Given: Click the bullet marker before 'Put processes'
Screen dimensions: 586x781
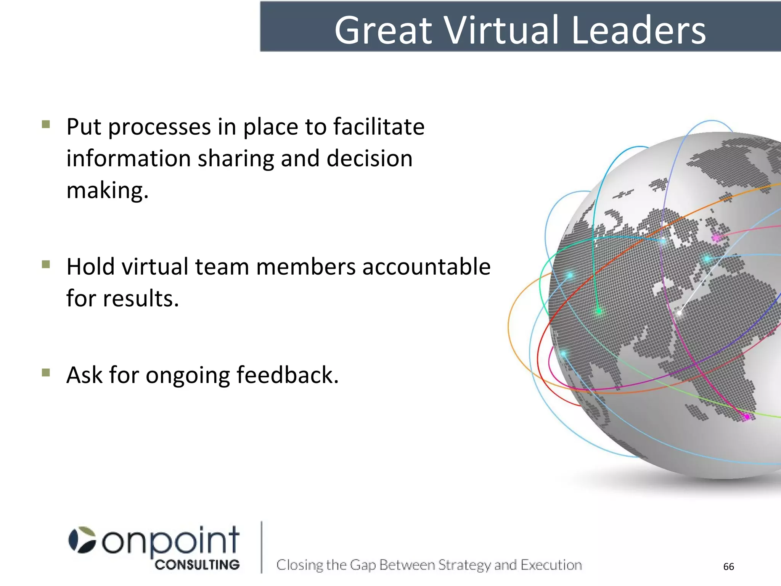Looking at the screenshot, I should tap(46, 124).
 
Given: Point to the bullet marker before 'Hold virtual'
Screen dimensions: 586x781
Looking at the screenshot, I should tap(46, 264).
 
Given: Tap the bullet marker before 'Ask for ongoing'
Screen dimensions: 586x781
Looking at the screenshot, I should tap(46, 372).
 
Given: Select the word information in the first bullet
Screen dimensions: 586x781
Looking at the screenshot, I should tap(129, 158).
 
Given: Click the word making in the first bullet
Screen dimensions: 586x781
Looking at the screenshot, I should tap(107, 191).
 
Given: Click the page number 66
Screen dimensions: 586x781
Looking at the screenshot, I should tap(728, 567).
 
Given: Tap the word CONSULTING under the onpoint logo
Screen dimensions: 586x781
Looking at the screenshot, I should tap(197, 565).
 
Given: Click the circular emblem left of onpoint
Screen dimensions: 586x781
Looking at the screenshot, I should tap(82, 540).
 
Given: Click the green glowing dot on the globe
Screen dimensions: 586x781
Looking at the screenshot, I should tap(599, 312).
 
